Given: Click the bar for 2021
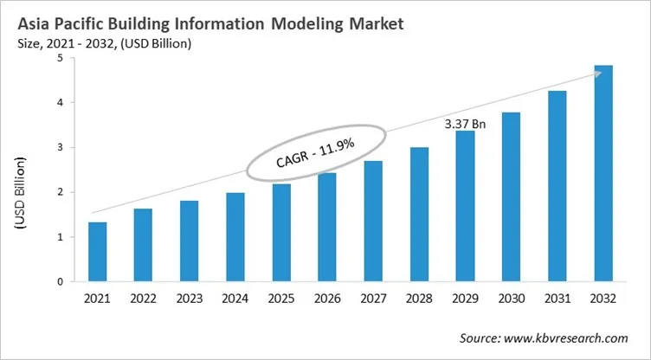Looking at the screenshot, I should point(99,252).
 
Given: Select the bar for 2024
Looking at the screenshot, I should point(235,237).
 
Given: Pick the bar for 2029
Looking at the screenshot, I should point(465,206).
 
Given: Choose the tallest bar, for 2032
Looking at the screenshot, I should point(603,173).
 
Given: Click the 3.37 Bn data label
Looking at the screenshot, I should point(465,124).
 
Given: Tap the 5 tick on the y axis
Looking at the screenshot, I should point(60,58).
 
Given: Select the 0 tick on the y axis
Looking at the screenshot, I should point(60,281).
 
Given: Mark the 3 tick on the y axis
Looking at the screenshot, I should point(60,147).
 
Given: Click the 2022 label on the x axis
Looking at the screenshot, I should point(144,299).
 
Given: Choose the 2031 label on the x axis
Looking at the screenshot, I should point(558,299).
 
